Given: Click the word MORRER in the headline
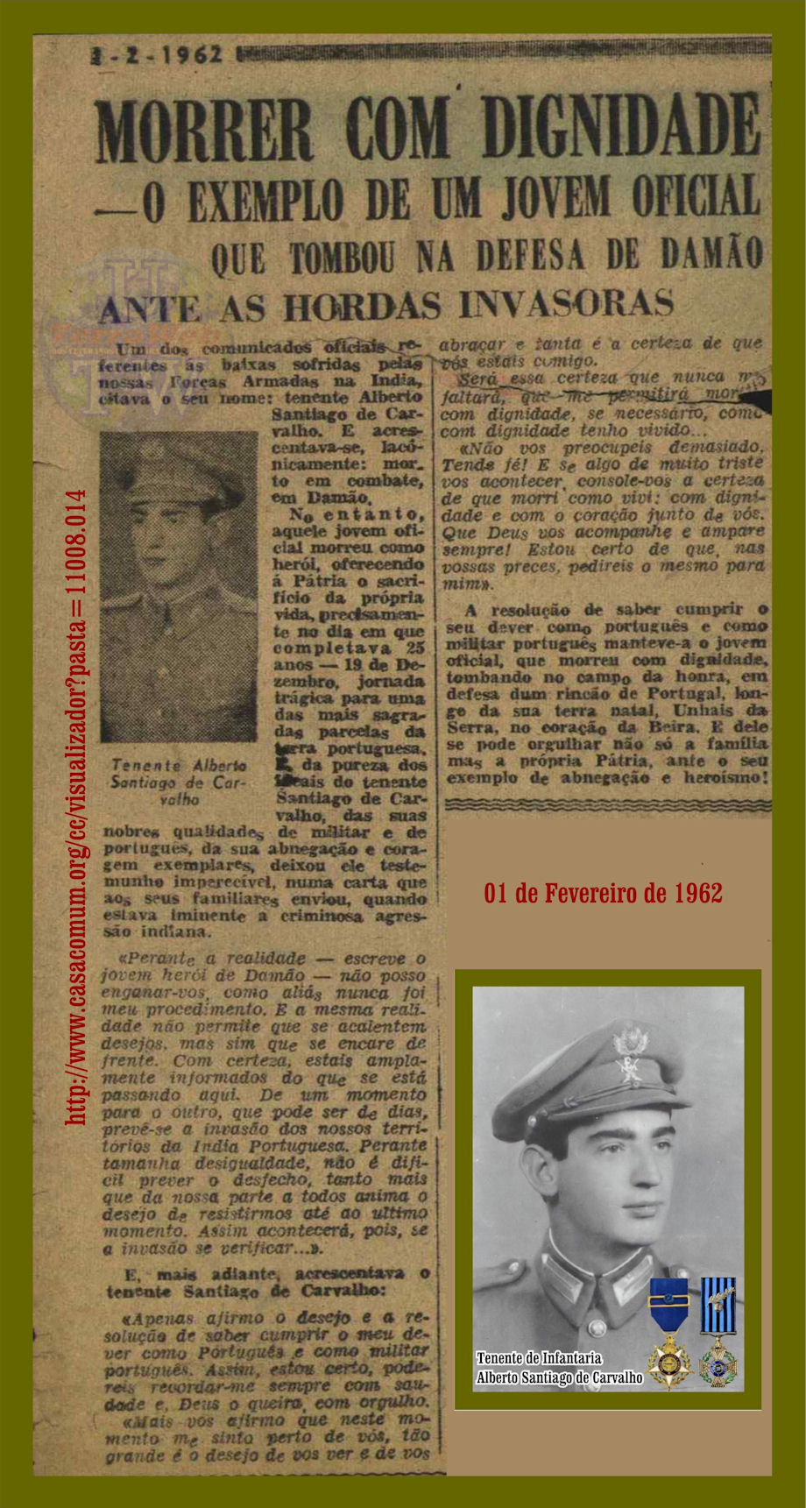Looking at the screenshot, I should tap(203, 130).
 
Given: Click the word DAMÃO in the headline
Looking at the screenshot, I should tap(710, 255).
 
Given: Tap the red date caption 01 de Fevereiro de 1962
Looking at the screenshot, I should tap(603, 892).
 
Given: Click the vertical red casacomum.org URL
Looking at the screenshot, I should tap(77, 806).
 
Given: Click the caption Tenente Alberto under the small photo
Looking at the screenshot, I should tap(178, 765).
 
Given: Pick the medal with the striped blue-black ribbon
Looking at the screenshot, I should tap(718, 1331).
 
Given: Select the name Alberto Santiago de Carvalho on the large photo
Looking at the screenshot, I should tap(559, 1377).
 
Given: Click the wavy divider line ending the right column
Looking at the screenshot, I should tap(607, 802).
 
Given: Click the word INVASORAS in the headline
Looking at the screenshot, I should tap(565, 303).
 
